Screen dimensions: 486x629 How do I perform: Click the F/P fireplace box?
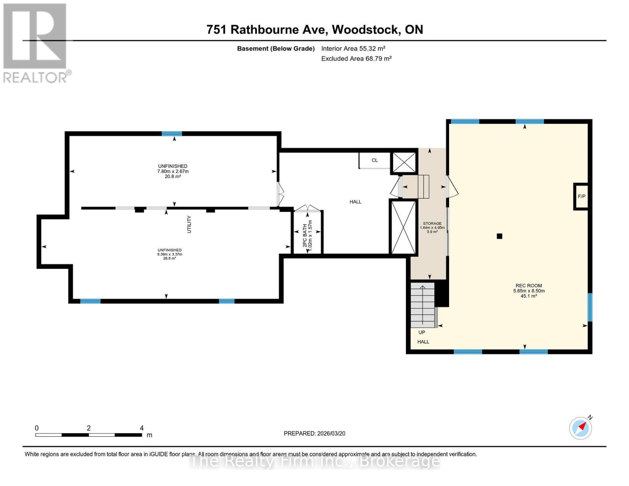pos(581,196)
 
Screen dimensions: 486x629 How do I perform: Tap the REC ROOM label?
pos(529,286)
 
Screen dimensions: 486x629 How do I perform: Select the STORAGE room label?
pos(432,224)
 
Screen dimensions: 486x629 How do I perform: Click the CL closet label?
pos(375,160)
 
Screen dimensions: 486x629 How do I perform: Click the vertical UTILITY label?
pos(189,224)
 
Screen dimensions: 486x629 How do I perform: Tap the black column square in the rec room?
pos(499,236)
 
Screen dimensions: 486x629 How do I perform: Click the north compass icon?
pos(580,428)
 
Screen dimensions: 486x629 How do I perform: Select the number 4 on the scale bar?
pos(142,428)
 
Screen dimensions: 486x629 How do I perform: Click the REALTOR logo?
pos(35,43)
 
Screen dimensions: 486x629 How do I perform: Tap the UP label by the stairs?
pos(422,333)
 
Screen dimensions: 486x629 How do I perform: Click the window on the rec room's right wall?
pos(590,307)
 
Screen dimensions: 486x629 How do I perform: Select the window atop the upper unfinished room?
pos(172,134)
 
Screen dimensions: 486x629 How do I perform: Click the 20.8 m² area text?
pos(173,177)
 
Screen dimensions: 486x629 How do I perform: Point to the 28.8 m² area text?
pos(169,258)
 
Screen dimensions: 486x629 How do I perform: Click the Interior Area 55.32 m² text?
pos(353,48)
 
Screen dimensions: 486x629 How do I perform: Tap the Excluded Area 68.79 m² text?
pos(356,59)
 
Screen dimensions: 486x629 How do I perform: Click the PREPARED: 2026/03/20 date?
pos(314,433)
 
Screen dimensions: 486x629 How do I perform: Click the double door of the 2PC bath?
pos(307,208)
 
